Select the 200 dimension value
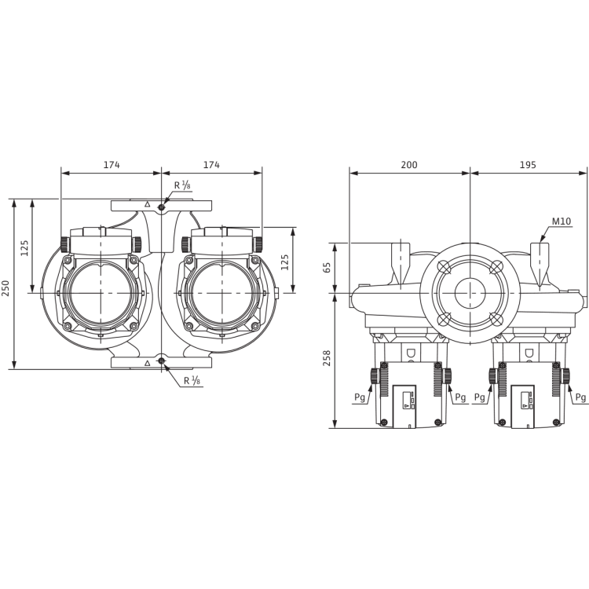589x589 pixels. [x=409, y=165]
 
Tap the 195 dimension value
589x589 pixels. [x=528, y=165]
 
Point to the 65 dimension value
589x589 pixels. [x=327, y=268]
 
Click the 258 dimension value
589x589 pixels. [x=327, y=358]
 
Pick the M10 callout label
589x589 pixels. [x=562, y=221]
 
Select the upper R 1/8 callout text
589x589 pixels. [x=182, y=185]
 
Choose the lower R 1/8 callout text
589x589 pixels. [x=192, y=381]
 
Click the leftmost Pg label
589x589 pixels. [x=360, y=397]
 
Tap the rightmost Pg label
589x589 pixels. [x=580, y=397]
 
